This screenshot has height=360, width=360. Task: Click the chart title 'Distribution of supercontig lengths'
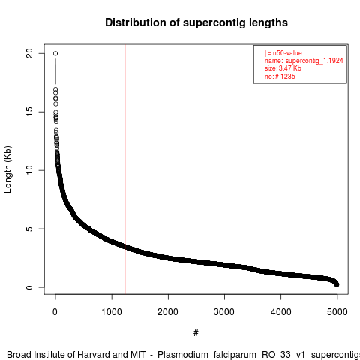click(x=196, y=22)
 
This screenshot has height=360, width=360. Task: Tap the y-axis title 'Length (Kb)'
click(x=7, y=169)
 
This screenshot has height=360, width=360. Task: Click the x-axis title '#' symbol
click(x=196, y=333)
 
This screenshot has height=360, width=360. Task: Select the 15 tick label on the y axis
click(x=29, y=112)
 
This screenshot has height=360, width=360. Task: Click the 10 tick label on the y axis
click(x=29, y=170)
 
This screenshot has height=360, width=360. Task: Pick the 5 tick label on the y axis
click(x=29, y=229)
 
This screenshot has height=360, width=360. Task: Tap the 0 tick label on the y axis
click(x=29, y=287)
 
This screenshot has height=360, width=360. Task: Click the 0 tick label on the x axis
click(x=55, y=312)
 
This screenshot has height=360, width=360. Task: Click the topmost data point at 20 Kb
click(x=55, y=53)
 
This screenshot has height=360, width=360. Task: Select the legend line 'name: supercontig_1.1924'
click(x=304, y=61)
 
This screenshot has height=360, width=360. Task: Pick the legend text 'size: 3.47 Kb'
click(x=283, y=68)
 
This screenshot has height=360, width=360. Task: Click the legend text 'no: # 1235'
click(x=280, y=76)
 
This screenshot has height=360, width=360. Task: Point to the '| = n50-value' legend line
click(x=283, y=53)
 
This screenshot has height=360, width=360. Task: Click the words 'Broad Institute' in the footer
click(x=40, y=355)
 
